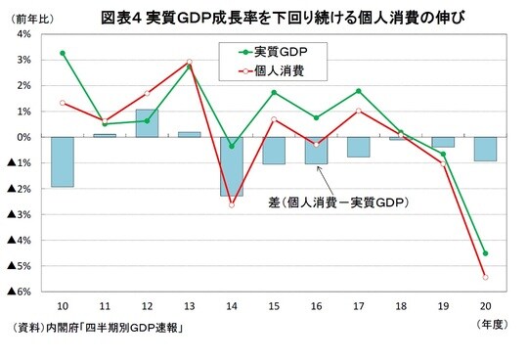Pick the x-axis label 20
click(x=485, y=305)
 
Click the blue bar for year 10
click(x=64, y=161)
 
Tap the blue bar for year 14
click(x=232, y=166)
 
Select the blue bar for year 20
click(x=485, y=149)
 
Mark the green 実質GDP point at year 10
click(x=64, y=53)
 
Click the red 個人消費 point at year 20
click(x=485, y=277)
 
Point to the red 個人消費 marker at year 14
click(x=232, y=204)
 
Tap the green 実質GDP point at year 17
click(x=359, y=91)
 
